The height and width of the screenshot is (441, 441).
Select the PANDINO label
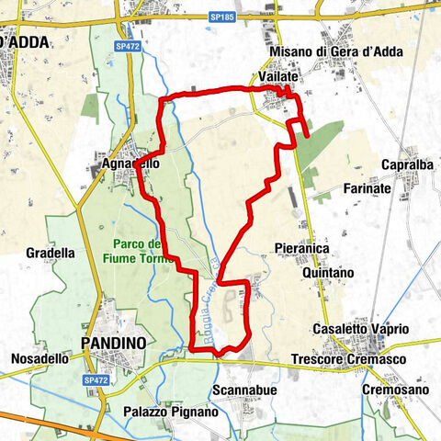click(113, 342)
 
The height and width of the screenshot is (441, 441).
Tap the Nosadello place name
click(40, 358)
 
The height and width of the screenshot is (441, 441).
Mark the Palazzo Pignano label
click(175, 412)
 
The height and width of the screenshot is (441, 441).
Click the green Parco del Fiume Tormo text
click(140, 251)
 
